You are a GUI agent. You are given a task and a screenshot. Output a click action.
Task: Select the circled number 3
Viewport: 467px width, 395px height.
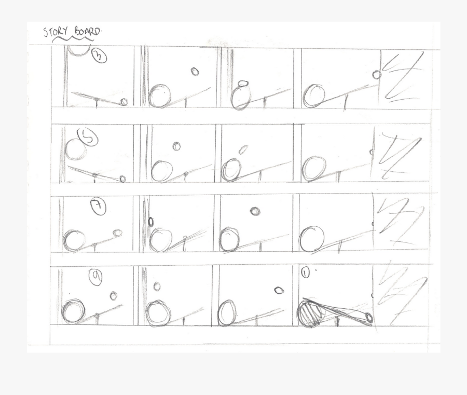pos(99,56)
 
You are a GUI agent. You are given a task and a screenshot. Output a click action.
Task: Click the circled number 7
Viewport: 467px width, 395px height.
pos(98,207)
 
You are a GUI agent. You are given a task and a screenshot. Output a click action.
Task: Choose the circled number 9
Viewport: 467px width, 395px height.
pos(96,278)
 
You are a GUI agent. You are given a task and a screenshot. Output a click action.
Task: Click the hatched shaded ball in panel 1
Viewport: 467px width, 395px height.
pos(310,314)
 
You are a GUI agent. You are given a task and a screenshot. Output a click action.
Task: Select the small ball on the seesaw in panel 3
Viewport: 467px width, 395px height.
pos(124,102)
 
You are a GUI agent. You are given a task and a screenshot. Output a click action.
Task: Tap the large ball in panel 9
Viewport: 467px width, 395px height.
pos(73,311)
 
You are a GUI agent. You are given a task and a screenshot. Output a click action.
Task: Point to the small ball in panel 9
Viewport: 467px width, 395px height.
pos(113,296)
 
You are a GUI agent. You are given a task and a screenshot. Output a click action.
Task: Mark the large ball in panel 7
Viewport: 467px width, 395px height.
pos(74,241)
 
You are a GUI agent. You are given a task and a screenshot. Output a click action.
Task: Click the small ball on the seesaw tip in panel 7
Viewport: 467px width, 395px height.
pos(118,233)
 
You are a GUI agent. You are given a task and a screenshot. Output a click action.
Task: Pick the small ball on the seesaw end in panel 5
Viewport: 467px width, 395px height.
pos(123,179)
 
